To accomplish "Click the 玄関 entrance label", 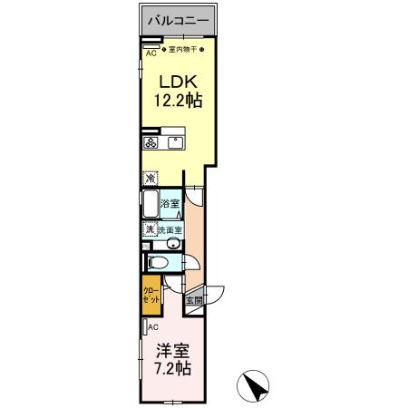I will pos(193,300).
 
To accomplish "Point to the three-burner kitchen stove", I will pos(150,142).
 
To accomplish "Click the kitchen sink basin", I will pos(173,142).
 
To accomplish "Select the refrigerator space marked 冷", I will pos(150,179).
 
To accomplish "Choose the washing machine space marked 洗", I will pos(149,230).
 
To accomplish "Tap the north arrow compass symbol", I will pos(257,387).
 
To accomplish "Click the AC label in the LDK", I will pos(151,53).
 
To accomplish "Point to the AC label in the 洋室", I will pos(153,326).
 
